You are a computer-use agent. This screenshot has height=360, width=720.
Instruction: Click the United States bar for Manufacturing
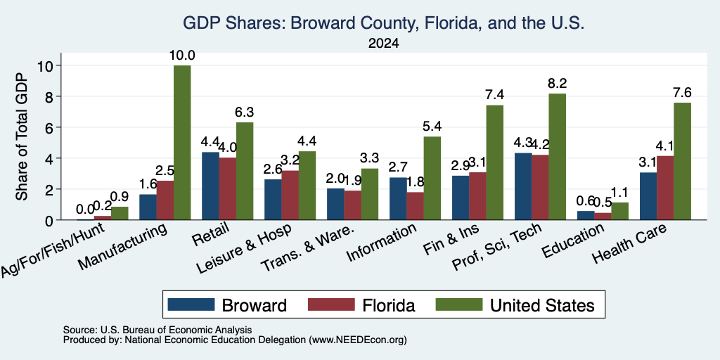tap(182, 143)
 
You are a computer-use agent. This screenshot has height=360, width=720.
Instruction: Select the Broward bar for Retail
tap(210, 186)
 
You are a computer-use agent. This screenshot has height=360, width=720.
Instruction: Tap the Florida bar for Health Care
tap(665, 188)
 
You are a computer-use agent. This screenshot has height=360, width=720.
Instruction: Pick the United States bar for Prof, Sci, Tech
tap(557, 157)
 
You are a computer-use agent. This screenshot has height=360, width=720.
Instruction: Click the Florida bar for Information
tap(415, 206)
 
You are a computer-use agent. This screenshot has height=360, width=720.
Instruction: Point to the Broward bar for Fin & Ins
tap(461, 198)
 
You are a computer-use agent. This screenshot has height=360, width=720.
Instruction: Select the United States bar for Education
tap(620, 211)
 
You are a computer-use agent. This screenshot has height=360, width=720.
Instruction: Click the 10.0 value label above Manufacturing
tap(182, 56)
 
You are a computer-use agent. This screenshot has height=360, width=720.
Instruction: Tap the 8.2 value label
tap(557, 83)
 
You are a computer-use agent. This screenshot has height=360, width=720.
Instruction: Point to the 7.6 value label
tap(682, 92)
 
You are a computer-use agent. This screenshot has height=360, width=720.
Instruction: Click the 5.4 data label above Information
tap(432, 127)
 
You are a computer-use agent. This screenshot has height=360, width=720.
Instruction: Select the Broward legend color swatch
tap(191, 304)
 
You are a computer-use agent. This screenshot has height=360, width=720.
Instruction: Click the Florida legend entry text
tap(388, 305)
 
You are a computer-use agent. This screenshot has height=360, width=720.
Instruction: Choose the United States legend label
tap(542, 305)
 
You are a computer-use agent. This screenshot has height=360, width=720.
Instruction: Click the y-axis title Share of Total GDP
tap(22, 136)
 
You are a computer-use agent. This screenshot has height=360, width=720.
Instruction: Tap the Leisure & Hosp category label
tap(244, 249)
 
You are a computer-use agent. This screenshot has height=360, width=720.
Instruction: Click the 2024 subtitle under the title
tap(383, 44)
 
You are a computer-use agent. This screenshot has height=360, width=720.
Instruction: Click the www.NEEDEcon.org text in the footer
tap(358, 340)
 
